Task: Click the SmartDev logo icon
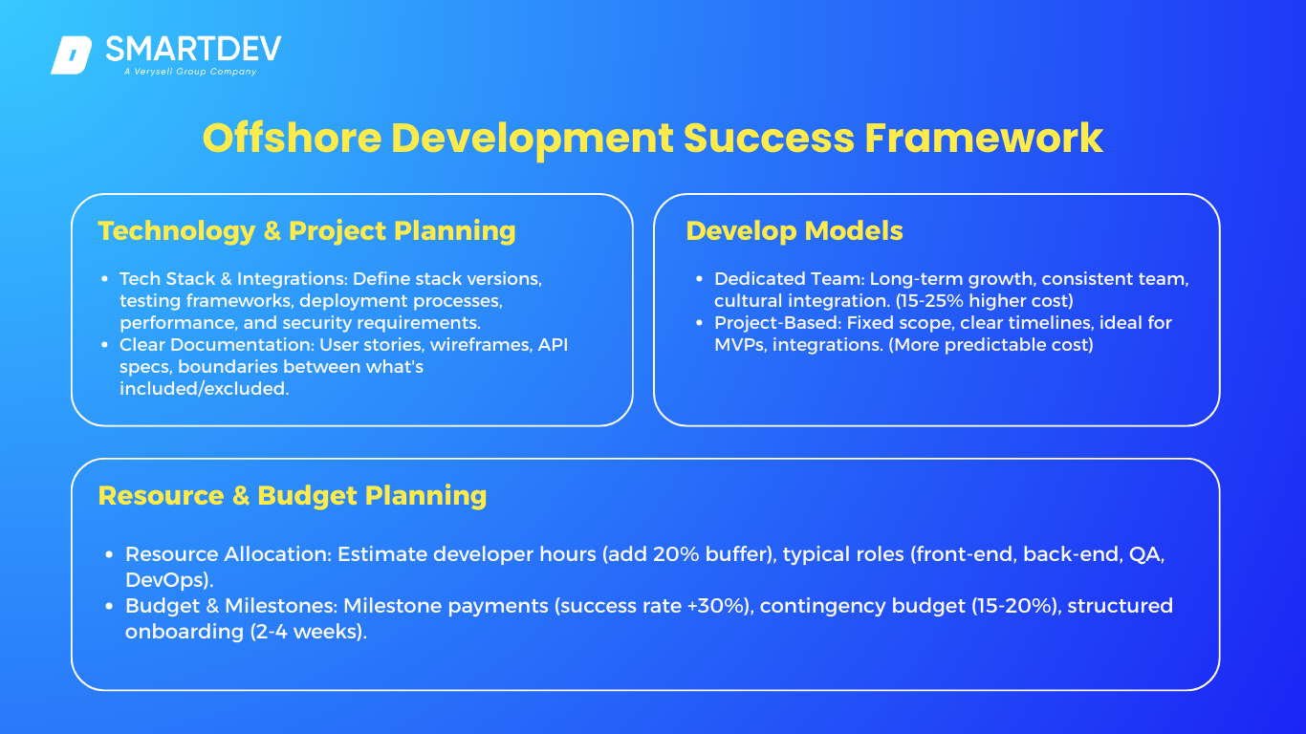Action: tap(71, 55)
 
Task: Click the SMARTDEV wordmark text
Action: tap(193, 49)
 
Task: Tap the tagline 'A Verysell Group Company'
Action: tap(190, 72)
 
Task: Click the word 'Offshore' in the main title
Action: tap(293, 139)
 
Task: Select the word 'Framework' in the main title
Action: tap(984, 139)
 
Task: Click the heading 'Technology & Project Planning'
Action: tap(307, 231)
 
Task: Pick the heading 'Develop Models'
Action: tap(794, 231)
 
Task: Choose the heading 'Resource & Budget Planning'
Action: tap(293, 496)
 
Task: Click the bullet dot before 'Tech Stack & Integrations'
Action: tap(104, 279)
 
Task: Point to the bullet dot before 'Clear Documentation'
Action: tap(104, 345)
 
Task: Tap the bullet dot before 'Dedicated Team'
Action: tap(699, 279)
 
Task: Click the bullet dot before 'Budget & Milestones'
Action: tap(109, 606)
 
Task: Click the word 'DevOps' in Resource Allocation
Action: tap(166, 580)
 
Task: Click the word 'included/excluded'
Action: tap(204, 389)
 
